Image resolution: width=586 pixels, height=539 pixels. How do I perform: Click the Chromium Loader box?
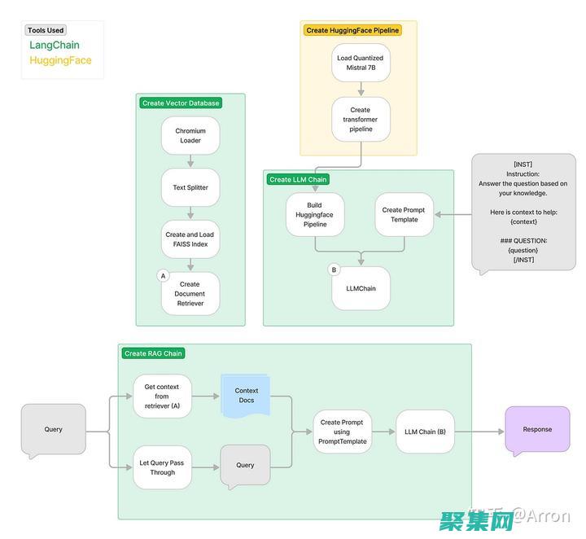point(190,136)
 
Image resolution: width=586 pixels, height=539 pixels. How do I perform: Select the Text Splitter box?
point(190,187)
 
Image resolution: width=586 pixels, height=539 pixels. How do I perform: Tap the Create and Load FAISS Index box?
point(190,239)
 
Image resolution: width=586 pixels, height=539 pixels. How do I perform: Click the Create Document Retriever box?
point(190,294)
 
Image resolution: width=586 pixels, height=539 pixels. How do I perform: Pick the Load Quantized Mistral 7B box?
point(361,63)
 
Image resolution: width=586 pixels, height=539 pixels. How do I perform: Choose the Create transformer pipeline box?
point(361,120)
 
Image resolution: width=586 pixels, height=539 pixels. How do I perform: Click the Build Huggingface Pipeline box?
point(315,215)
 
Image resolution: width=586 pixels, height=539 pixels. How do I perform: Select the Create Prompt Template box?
point(404,215)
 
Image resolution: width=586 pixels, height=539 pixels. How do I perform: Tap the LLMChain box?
point(361,288)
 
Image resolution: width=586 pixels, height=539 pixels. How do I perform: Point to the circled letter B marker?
point(333,269)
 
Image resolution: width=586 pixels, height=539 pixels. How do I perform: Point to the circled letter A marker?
point(163,276)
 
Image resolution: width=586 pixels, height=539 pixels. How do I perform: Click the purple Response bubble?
point(537,429)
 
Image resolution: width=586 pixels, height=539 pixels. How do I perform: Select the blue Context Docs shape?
point(246,396)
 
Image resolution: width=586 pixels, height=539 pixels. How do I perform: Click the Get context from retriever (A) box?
point(162,397)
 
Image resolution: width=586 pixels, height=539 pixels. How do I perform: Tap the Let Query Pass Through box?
point(162,467)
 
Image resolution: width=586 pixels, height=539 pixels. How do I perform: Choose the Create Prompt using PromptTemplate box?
point(342,432)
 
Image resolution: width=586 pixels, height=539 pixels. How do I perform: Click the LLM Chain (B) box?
point(425,432)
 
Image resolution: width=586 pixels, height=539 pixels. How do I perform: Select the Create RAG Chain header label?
point(153,353)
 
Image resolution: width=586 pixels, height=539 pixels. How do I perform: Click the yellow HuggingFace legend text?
point(60,60)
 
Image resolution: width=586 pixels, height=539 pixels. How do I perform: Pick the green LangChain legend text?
point(55,46)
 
